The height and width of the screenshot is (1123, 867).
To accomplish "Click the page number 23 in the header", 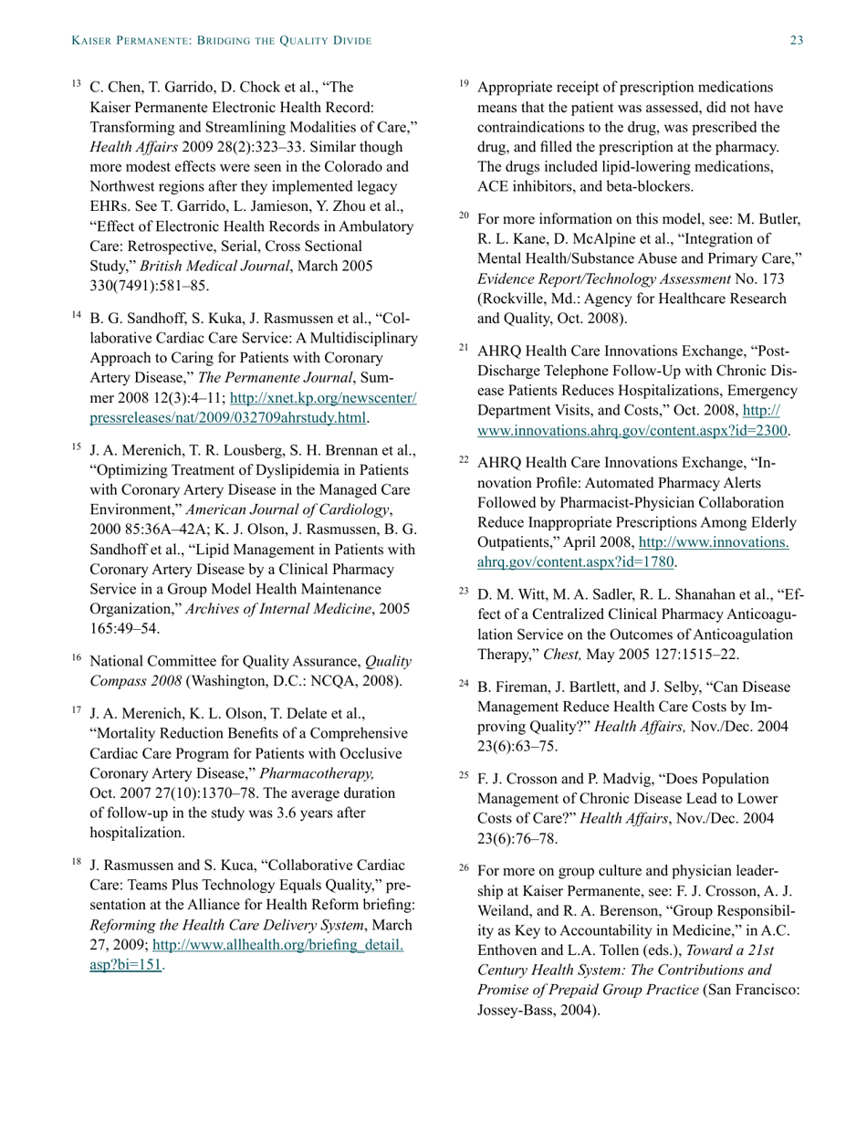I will click(796, 41).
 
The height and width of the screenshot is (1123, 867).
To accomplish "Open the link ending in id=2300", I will click(633, 429).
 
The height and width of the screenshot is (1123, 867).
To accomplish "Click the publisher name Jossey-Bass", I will click(517, 1011).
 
